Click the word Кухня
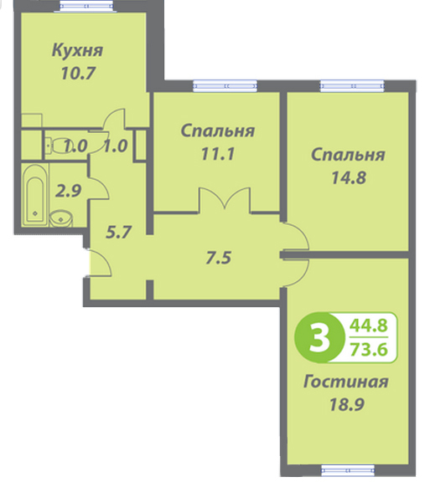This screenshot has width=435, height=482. (x=77, y=50)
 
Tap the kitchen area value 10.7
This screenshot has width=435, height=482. (x=78, y=73)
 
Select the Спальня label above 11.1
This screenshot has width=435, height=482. (x=218, y=131)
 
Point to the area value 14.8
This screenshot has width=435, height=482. (x=349, y=177)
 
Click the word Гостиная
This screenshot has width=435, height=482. (x=345, y=382)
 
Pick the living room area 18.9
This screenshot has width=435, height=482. (x=347, y=404)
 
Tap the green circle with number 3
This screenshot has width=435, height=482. (x=318, y=337)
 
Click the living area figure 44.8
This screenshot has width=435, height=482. (x=369, y=326)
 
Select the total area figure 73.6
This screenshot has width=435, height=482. (x=369, y=349)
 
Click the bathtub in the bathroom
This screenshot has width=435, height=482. (x=35, y=195)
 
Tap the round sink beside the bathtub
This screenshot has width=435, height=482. (x=60, y=218)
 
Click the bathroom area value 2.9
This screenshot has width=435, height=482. (x=68, y=191)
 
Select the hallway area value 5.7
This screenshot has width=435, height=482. (x=118, y=233)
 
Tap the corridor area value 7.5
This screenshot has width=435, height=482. (x=218, y=258)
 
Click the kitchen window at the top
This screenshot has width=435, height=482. (x=85, y=6)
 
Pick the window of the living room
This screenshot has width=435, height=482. (x=348, y=470)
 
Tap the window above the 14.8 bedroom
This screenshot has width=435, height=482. (x=352, y=85)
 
